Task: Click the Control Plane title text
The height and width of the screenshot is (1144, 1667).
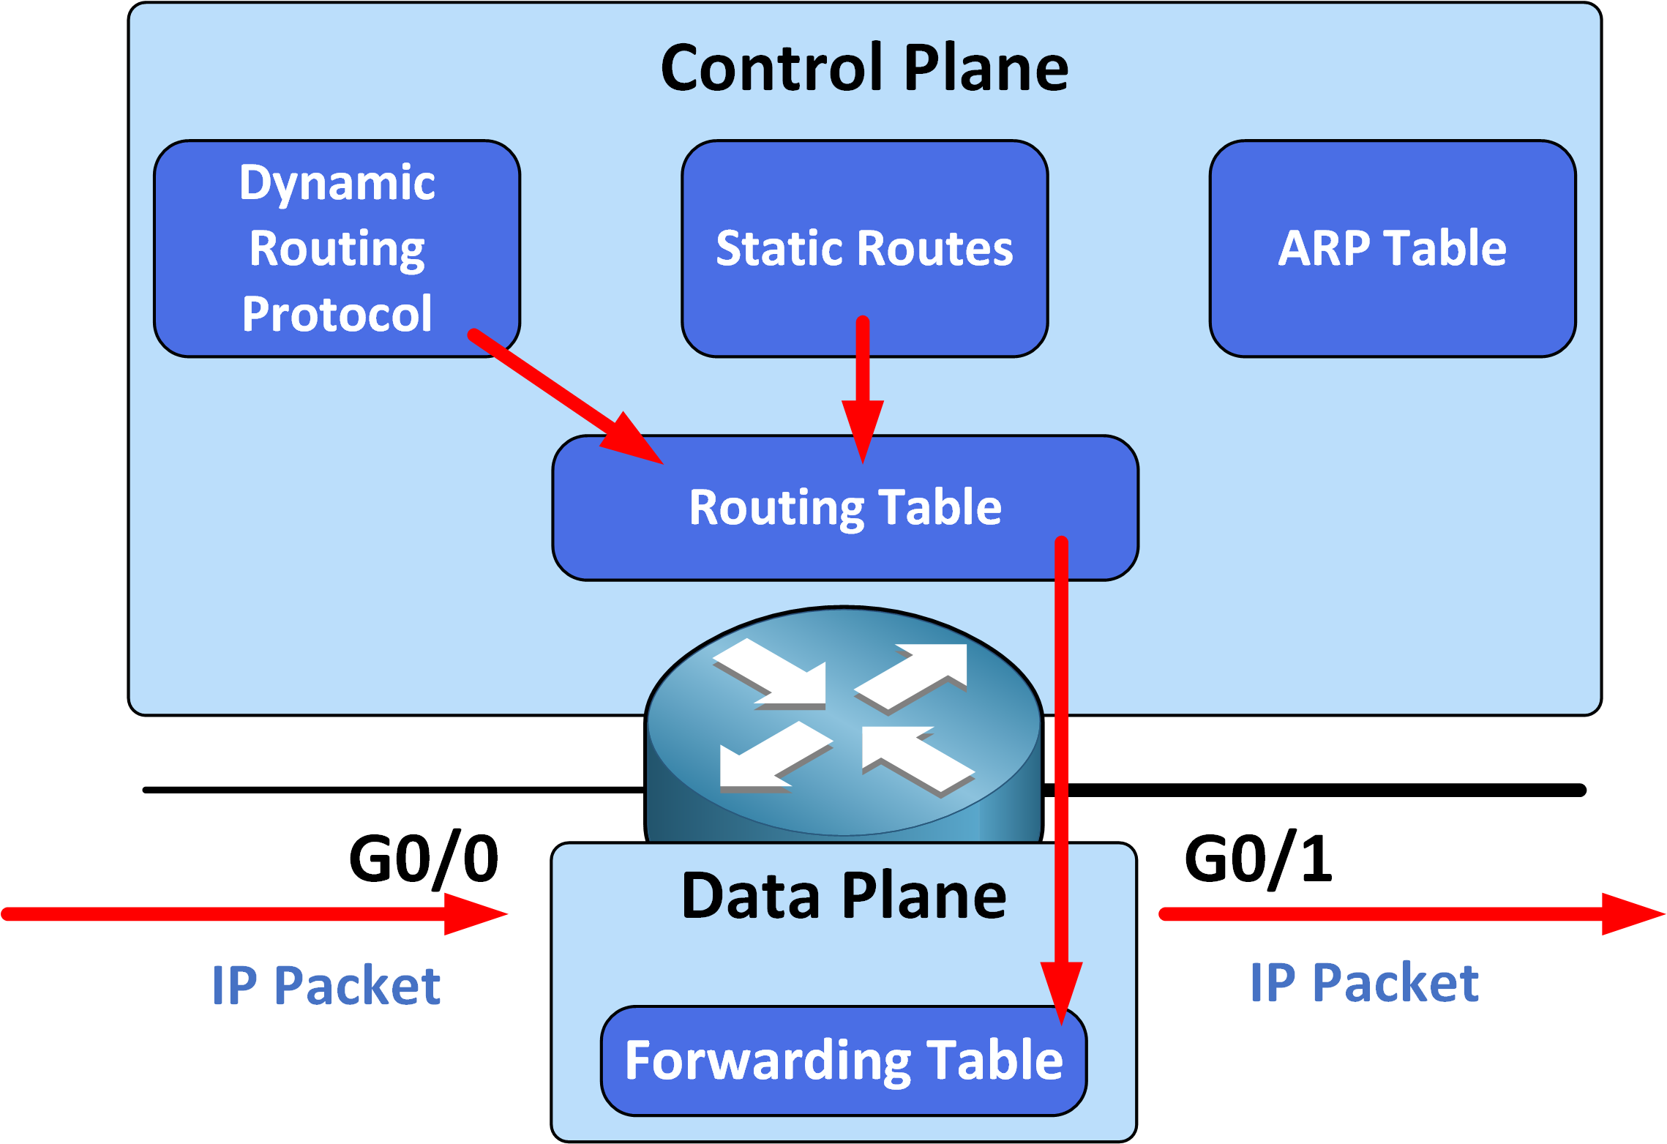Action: point(864,67)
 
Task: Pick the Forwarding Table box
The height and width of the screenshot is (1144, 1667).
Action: point(843,1061)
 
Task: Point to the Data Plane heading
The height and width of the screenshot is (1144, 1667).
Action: point(843,896)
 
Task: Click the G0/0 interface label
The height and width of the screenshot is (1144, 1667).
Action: point(423,859)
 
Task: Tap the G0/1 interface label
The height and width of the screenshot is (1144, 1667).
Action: point(1258,859)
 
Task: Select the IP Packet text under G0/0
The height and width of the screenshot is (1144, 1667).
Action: point(326,985)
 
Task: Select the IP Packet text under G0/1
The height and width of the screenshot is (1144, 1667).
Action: point(1364,982)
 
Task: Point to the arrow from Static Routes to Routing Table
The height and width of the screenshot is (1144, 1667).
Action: point(863,373)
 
